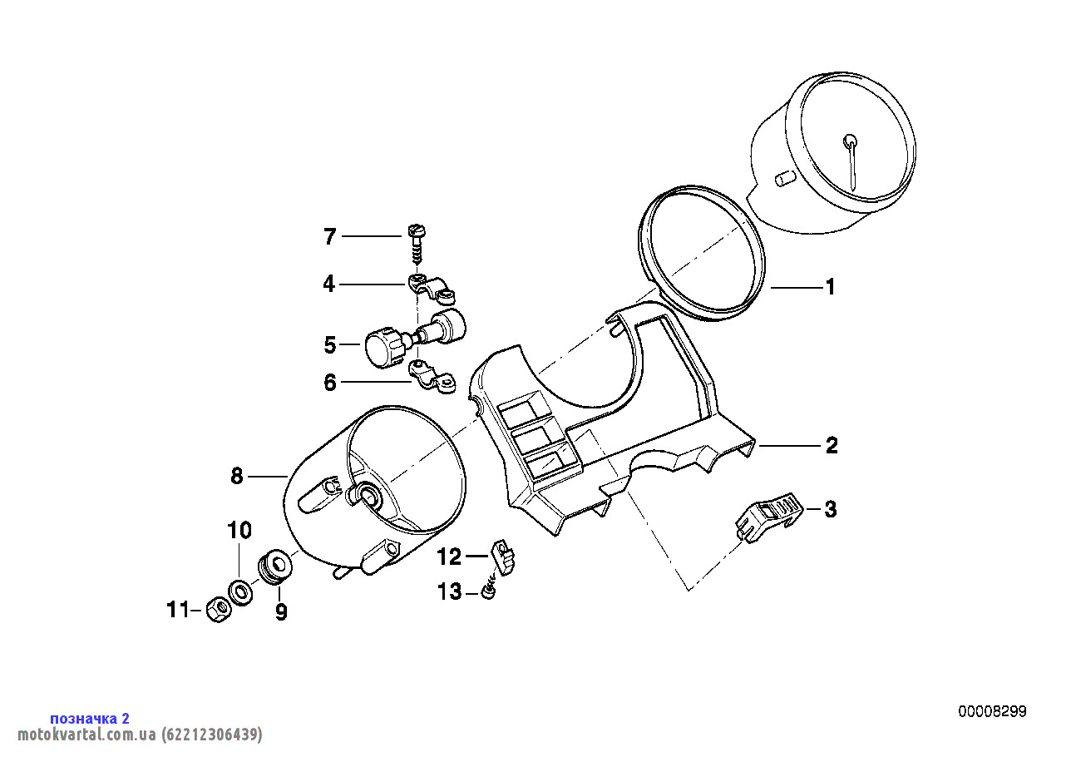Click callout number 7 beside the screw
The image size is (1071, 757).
[330, 236]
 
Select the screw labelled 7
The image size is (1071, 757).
[417, 244]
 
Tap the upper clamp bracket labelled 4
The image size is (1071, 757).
[432, 289]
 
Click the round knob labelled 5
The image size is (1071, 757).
[385, 346]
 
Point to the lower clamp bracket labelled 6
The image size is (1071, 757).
[432, 377]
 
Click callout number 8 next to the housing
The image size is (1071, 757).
[237, 476]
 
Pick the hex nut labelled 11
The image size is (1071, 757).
[219, 610]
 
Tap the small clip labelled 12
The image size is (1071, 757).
[503, 557]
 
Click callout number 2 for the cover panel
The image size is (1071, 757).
[832, 445]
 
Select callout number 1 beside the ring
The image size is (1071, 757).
[831, 287]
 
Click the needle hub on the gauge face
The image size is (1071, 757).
[850, 141]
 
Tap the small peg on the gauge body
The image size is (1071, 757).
[784, 180]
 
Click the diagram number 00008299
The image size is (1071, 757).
[992, 711]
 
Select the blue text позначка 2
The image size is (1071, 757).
[90, 719]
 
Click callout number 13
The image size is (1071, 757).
[450, 591]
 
